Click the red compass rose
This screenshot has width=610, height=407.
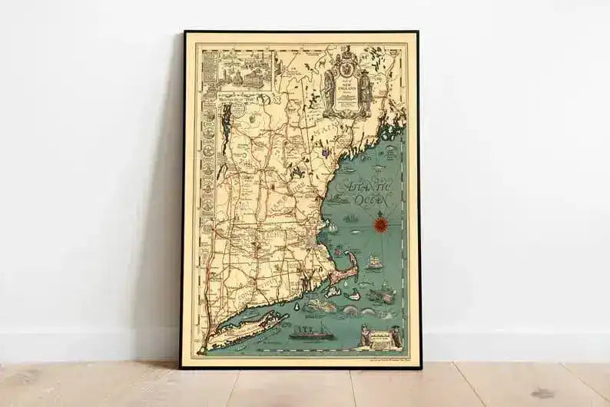point(381,224)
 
